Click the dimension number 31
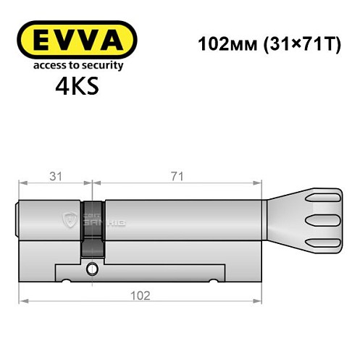pos(52,176)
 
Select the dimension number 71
pos(177,176)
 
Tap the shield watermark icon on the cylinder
pos(69,219)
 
